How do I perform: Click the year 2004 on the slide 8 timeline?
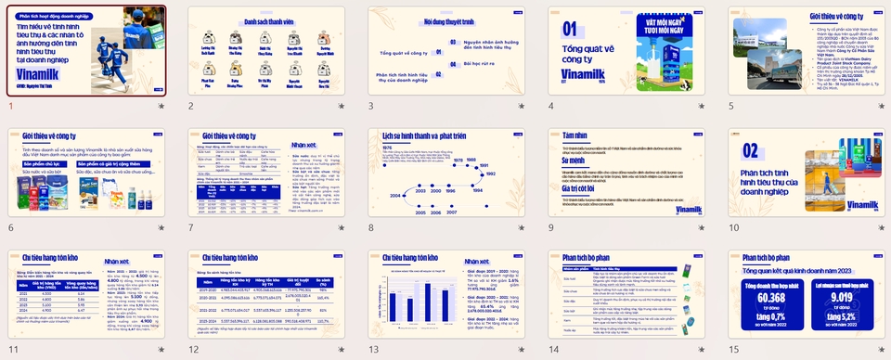[395, 196]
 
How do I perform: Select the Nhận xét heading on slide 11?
[116, 263]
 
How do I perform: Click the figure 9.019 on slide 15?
[842, 298]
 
